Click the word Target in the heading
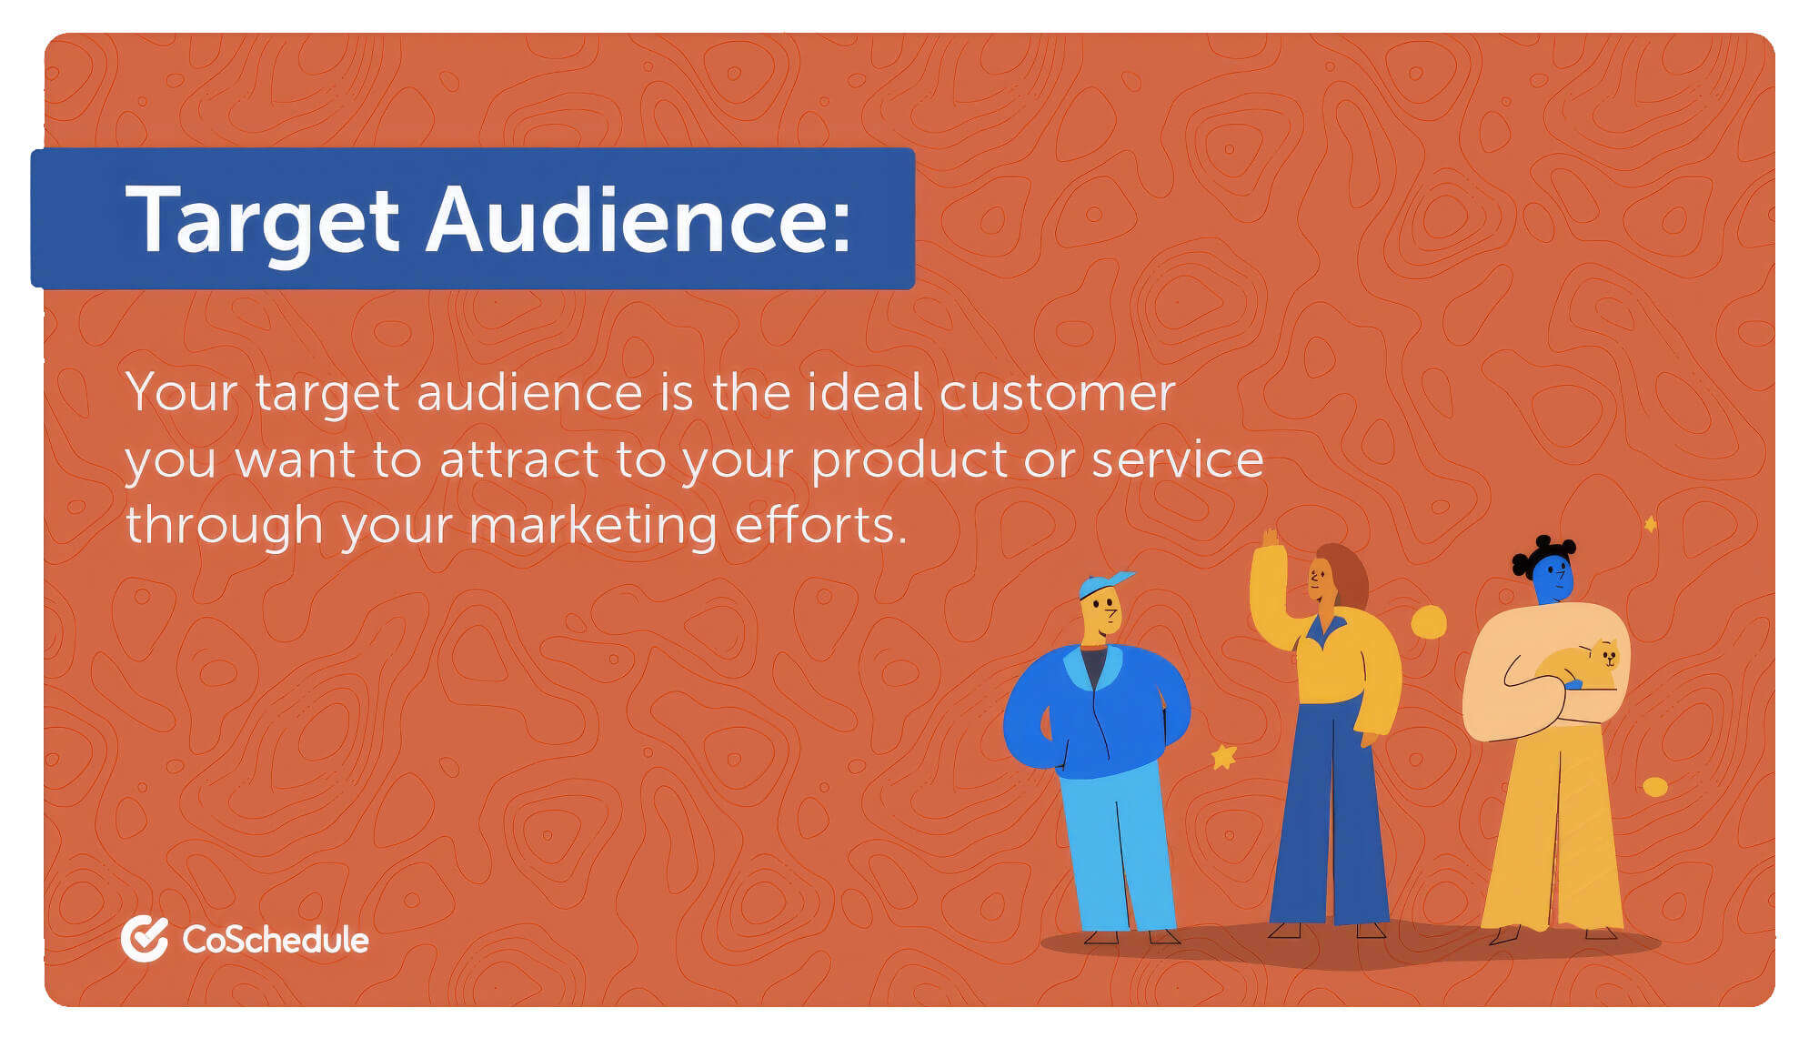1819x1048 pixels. [x=262, y=220]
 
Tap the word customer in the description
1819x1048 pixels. [x=1057, y=394]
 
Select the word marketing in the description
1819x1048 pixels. [x=593, y=527]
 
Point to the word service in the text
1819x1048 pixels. [x=1177, y=459]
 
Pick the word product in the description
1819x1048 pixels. [x=910, y=460]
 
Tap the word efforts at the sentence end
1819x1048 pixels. [x=820, y=526]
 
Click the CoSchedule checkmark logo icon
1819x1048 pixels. [x=145, y=939]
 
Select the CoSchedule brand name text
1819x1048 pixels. [x=276, y=940]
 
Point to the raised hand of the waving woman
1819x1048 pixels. [x=1270, y=539]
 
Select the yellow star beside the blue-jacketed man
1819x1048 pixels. [x=1223, y=755]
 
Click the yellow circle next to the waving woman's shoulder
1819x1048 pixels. [x=1429, y=622]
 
